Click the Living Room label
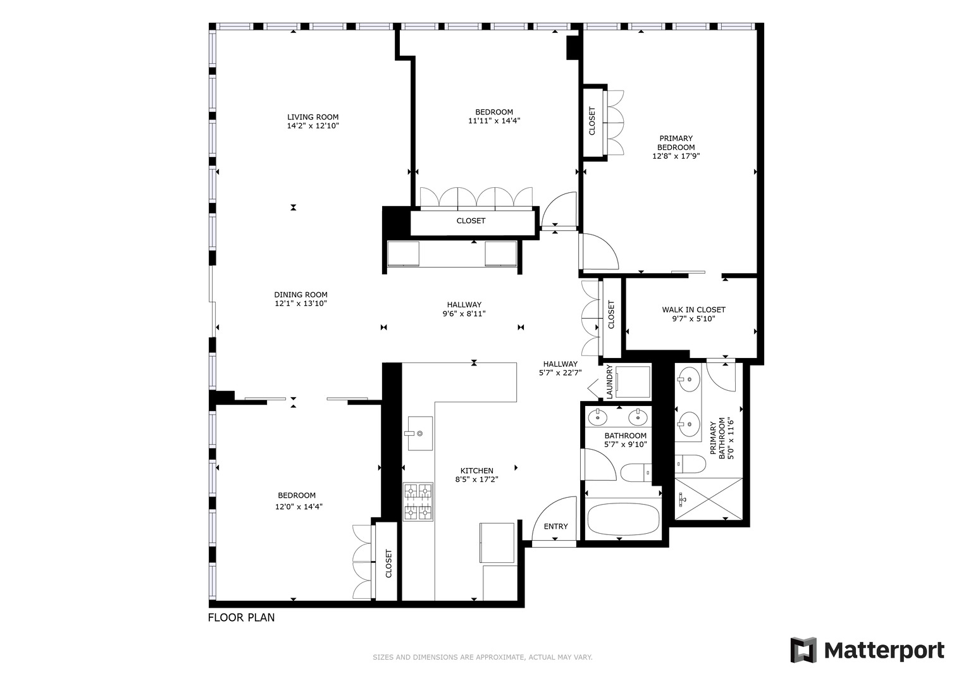[313, 117]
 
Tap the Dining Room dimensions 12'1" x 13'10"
[301, 304]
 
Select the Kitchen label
[476, 471]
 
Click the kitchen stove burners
[418, 502]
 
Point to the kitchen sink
[420, 433]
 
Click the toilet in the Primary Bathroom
[690, 464]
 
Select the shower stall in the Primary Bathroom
[709, 499]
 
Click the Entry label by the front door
[555, 526]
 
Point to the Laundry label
[609, 381]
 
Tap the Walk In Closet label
[693, 310]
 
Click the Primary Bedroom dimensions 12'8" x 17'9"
[676, 156]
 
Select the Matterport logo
[867, 650]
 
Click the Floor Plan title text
[241, 617]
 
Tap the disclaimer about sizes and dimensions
[483, 658]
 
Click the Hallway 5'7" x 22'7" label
[560, 369]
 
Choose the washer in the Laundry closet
[633, 382]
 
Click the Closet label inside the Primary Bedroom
[591, 121]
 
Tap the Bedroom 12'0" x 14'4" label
[299, 501]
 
